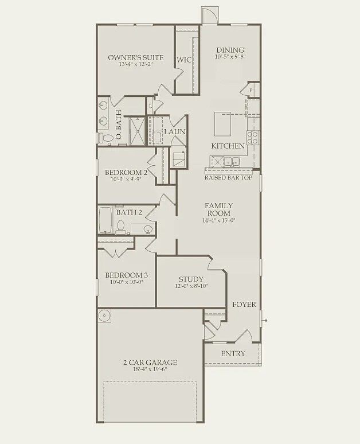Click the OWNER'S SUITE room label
click(x=136, y=57)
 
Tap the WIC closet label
click(x=184, y=60)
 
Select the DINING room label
click(x=230, y=50)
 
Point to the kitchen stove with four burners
click(x=252, y=137)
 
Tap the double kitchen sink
click(x=232, y=162)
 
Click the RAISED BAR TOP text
click(x=228, y=178)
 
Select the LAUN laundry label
click(x=175, y=132)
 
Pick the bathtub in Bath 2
click(x=105, y=220)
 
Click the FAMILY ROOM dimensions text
click(x=218, y=220)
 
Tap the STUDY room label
click(x=191, y=279)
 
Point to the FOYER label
click(x=244, y=304)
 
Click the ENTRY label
click(x=233, y=353)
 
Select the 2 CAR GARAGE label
click(x=150, y=362)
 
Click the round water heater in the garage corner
click(x=104, y=316)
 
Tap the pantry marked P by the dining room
click(x=251, y=90)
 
